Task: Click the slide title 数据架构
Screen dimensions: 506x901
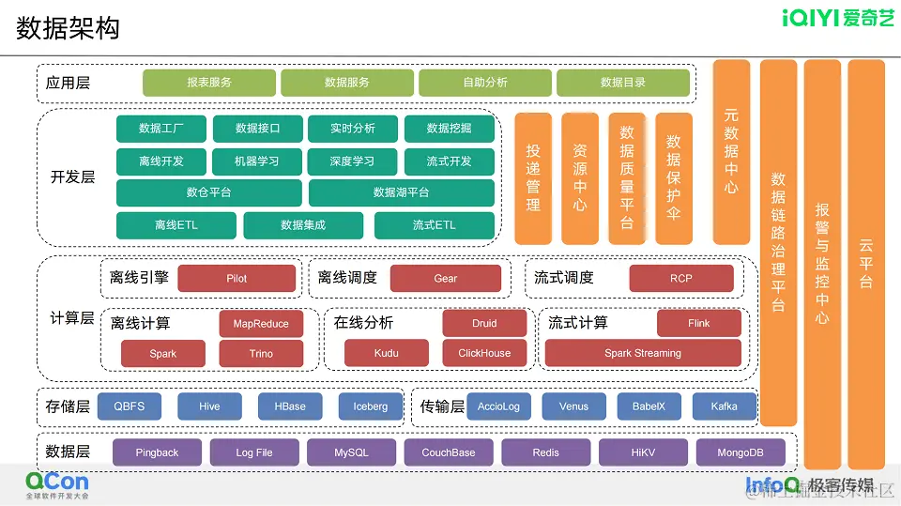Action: [x=68, y=28]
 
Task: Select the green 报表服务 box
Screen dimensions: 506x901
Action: [x=209, y=83]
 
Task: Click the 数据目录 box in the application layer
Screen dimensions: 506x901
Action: [x=623, y=83]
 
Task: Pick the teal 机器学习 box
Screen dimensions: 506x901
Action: [x=257, y=161]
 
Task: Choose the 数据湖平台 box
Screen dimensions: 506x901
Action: [x=401, y=192]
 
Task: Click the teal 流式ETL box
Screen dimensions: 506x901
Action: [x=434, y=225]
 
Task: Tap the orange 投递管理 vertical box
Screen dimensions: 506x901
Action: [x=533, y=178]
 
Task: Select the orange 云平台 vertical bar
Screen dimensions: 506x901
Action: [x=865, y=263]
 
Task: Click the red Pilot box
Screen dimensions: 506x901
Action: [x=237, y=278]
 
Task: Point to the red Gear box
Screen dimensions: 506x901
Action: [x=446, y=278]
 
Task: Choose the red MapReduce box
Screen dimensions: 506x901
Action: [x=261, y=324]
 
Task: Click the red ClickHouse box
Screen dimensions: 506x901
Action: [x=484, y=354]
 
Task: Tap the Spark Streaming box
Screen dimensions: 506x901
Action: [x=643, y=354]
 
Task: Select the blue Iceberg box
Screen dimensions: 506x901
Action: [x=371, y=406]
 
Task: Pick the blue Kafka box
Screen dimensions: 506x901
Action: [x=724, y=406]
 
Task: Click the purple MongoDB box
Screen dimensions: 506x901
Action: [x=741, y=452]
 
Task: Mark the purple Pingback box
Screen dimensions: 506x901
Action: [x=157, y=452]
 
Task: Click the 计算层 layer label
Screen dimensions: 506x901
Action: [x=71, y=318]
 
